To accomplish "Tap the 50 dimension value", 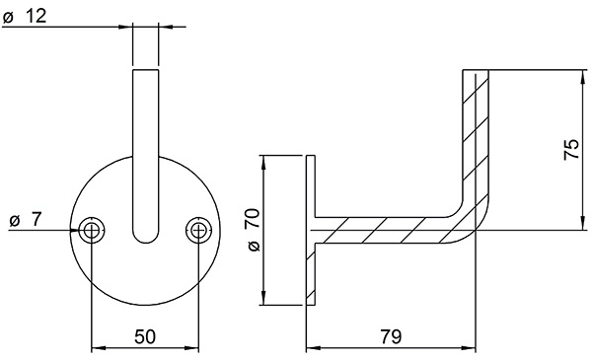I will click(145, 336).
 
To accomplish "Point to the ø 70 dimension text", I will click(251, 231).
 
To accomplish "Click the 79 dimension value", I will click(391, 336).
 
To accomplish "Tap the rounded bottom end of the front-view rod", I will click(145, 237).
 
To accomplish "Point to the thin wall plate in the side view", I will click(310, 231).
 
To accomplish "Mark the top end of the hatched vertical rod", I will click(478, 73).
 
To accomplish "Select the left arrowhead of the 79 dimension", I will click(312, 348).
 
